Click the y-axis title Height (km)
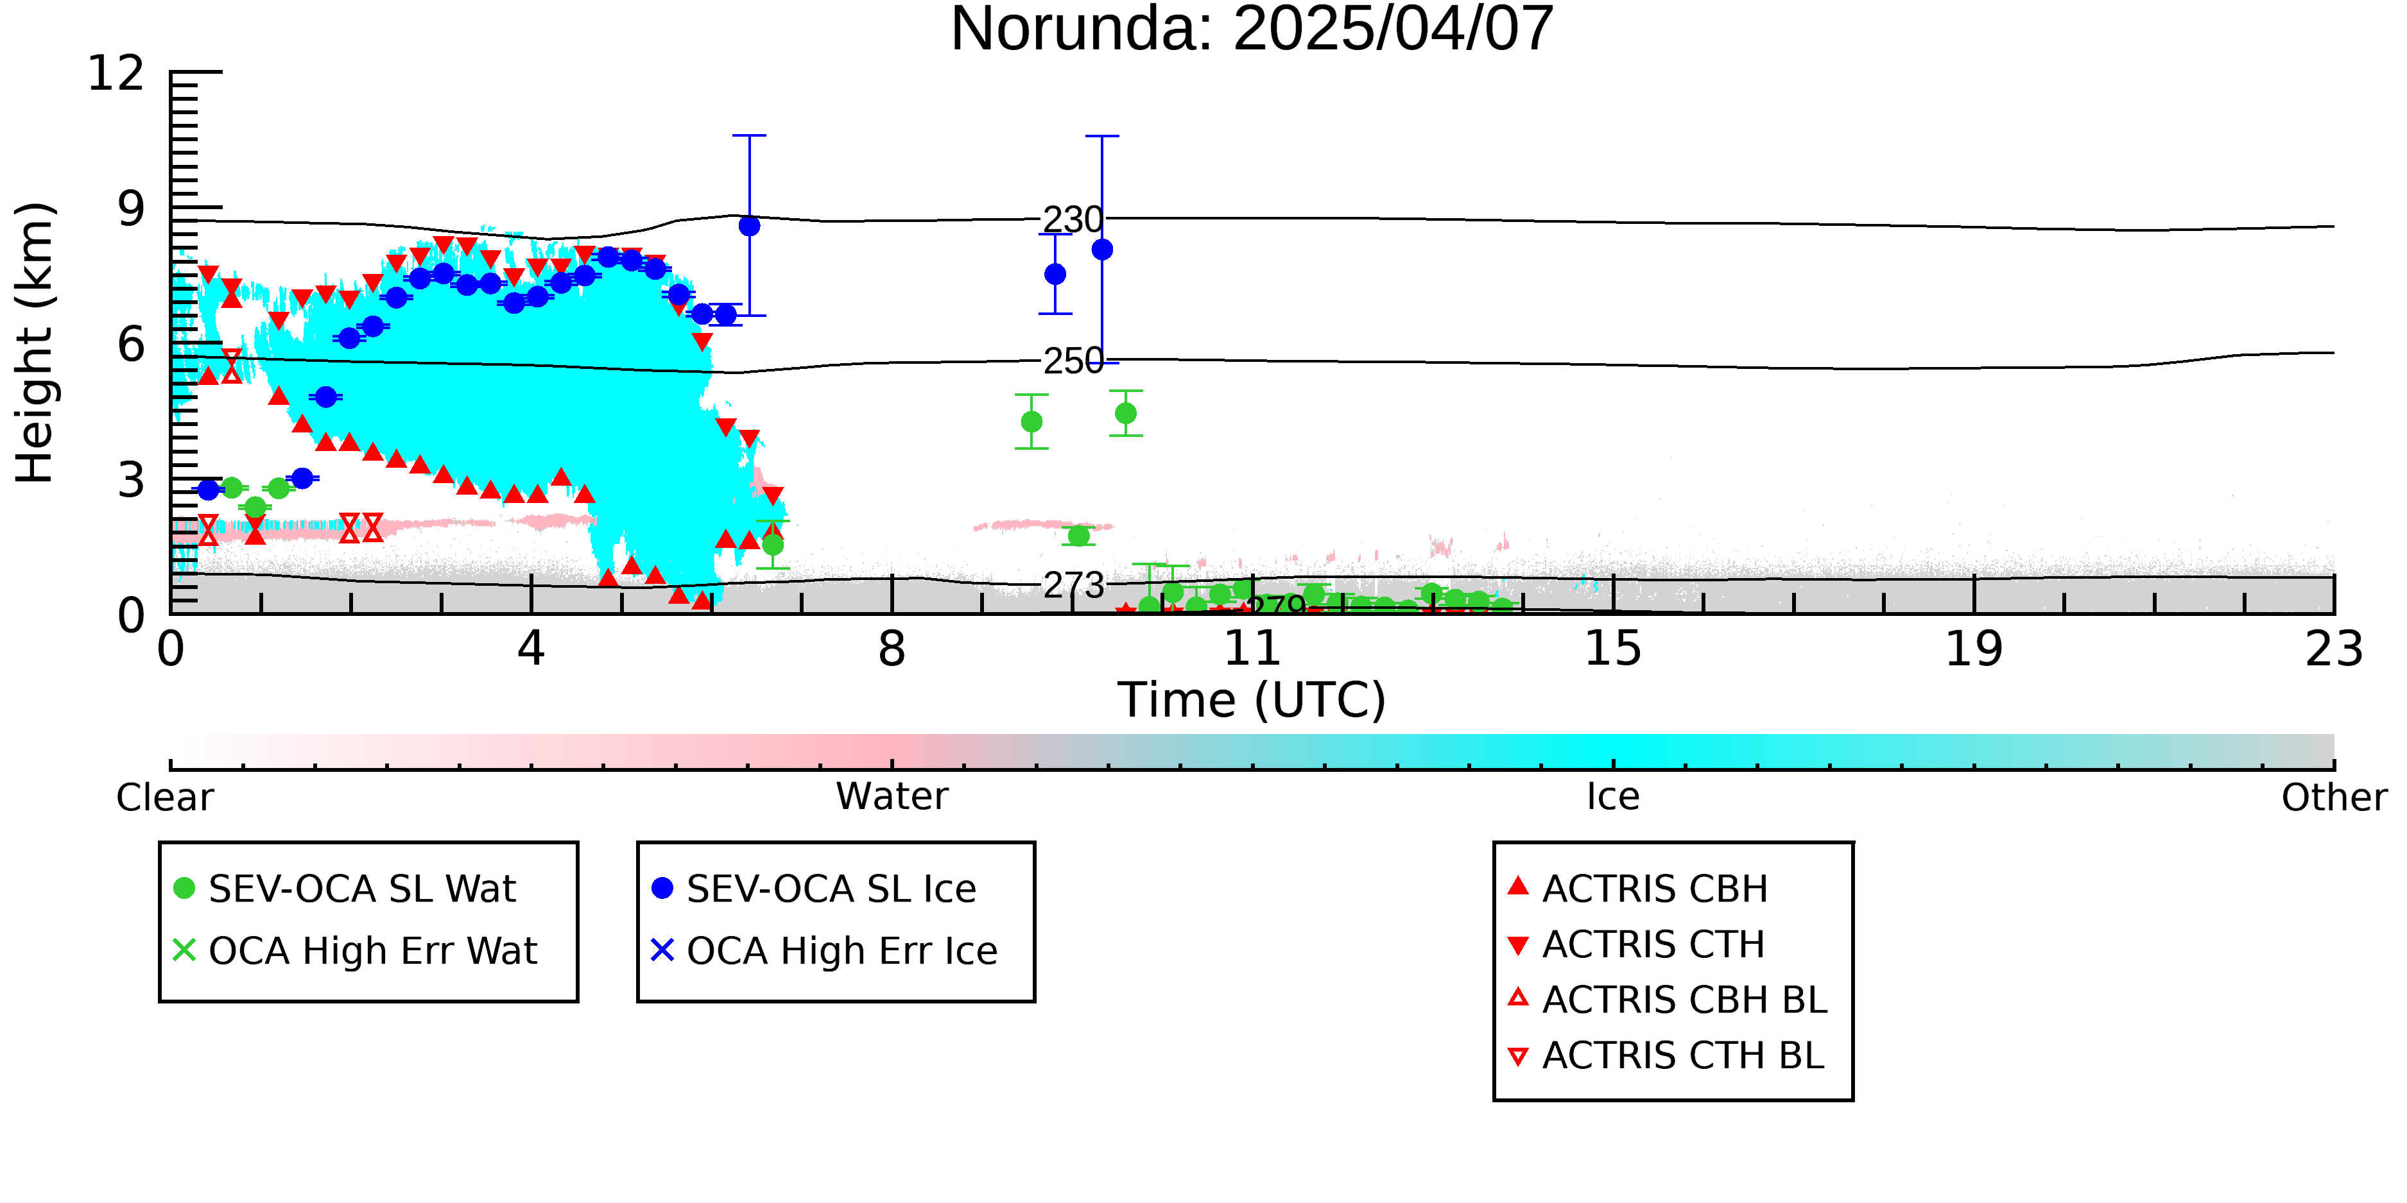pyautogui.click(x=35, y=343)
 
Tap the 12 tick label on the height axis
pyautogui.click(x=116, y=73)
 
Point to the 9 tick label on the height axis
pyautogui.click(x=132, y=209)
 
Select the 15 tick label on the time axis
pyautogui.click(x=1613, y=649)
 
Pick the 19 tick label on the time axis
pyautogui.click(x=1974, y=649)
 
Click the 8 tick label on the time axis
pyautogui.click(x=892, y=649)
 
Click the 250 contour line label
pyautogui.click(x=1073, y=361)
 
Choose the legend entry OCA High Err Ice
pyautogui.click(x=824, y=951)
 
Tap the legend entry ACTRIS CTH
pyautogui.click(x=1636, y=944)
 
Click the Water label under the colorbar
pyautogui.click(x=892, y=797)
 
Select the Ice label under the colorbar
pyautogui.click(x=1613, y=797)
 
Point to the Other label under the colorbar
pyautogui.click(x=2333, y=797)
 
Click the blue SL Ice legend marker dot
pyautogui.click(x=662, y=888)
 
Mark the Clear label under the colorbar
pyautogui.click(x=164, y=797)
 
